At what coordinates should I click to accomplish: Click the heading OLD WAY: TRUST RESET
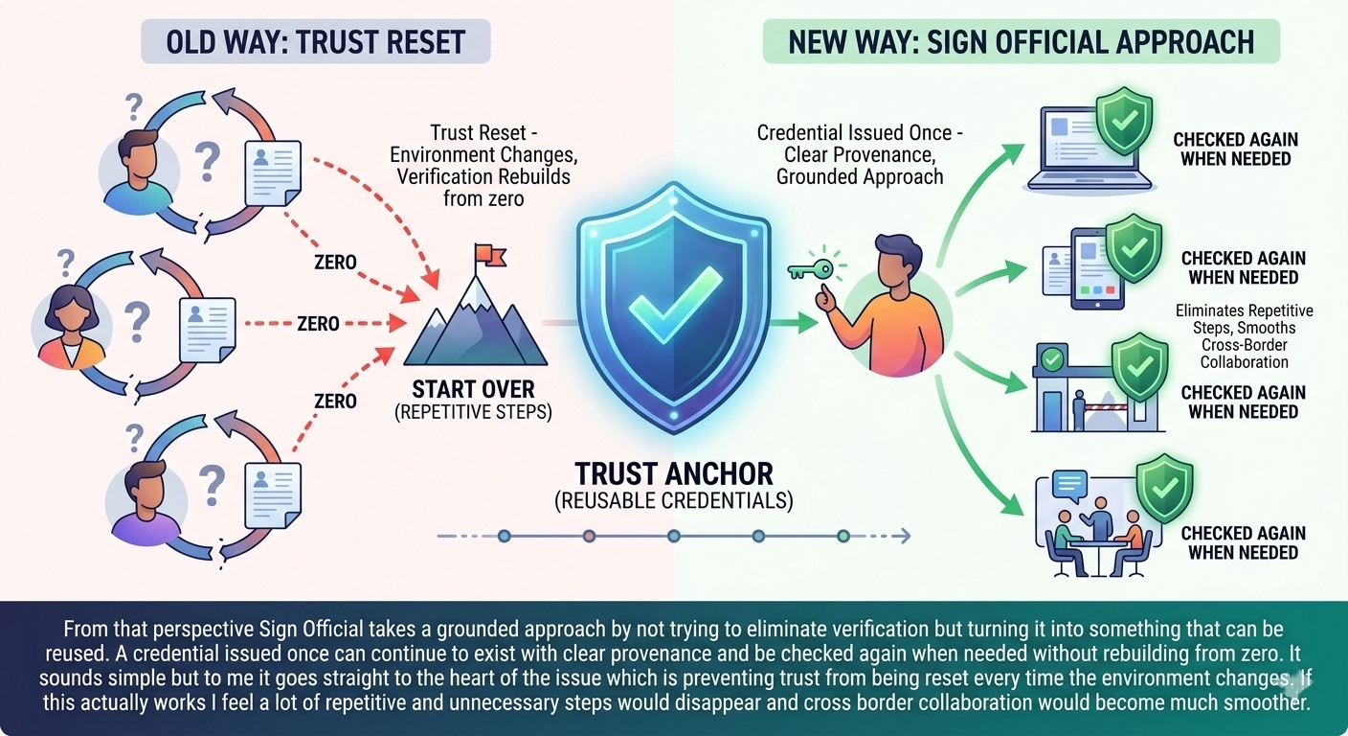coord(316,43)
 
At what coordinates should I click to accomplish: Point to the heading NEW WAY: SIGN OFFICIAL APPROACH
coord(1022,43)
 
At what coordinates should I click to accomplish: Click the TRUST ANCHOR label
coord(673,473)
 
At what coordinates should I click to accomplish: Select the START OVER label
coord(474,390)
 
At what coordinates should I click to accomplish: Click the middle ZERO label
coord(318,324)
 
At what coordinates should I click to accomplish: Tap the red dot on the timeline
coord(588,536)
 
